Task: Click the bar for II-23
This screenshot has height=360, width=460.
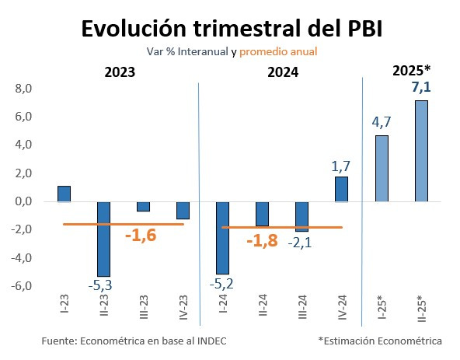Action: (103, 239)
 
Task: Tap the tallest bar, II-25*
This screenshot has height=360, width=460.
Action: (420, 151)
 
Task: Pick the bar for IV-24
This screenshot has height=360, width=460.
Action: (341, 189)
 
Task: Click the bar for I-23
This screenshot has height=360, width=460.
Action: (64, 194)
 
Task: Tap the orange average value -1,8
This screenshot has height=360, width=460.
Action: (262, 240)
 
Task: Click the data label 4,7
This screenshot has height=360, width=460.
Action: (381, 121)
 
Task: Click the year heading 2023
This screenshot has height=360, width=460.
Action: (120, 72)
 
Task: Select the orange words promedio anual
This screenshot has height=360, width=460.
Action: (278, 51)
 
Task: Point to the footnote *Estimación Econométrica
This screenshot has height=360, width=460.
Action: (379, 341)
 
